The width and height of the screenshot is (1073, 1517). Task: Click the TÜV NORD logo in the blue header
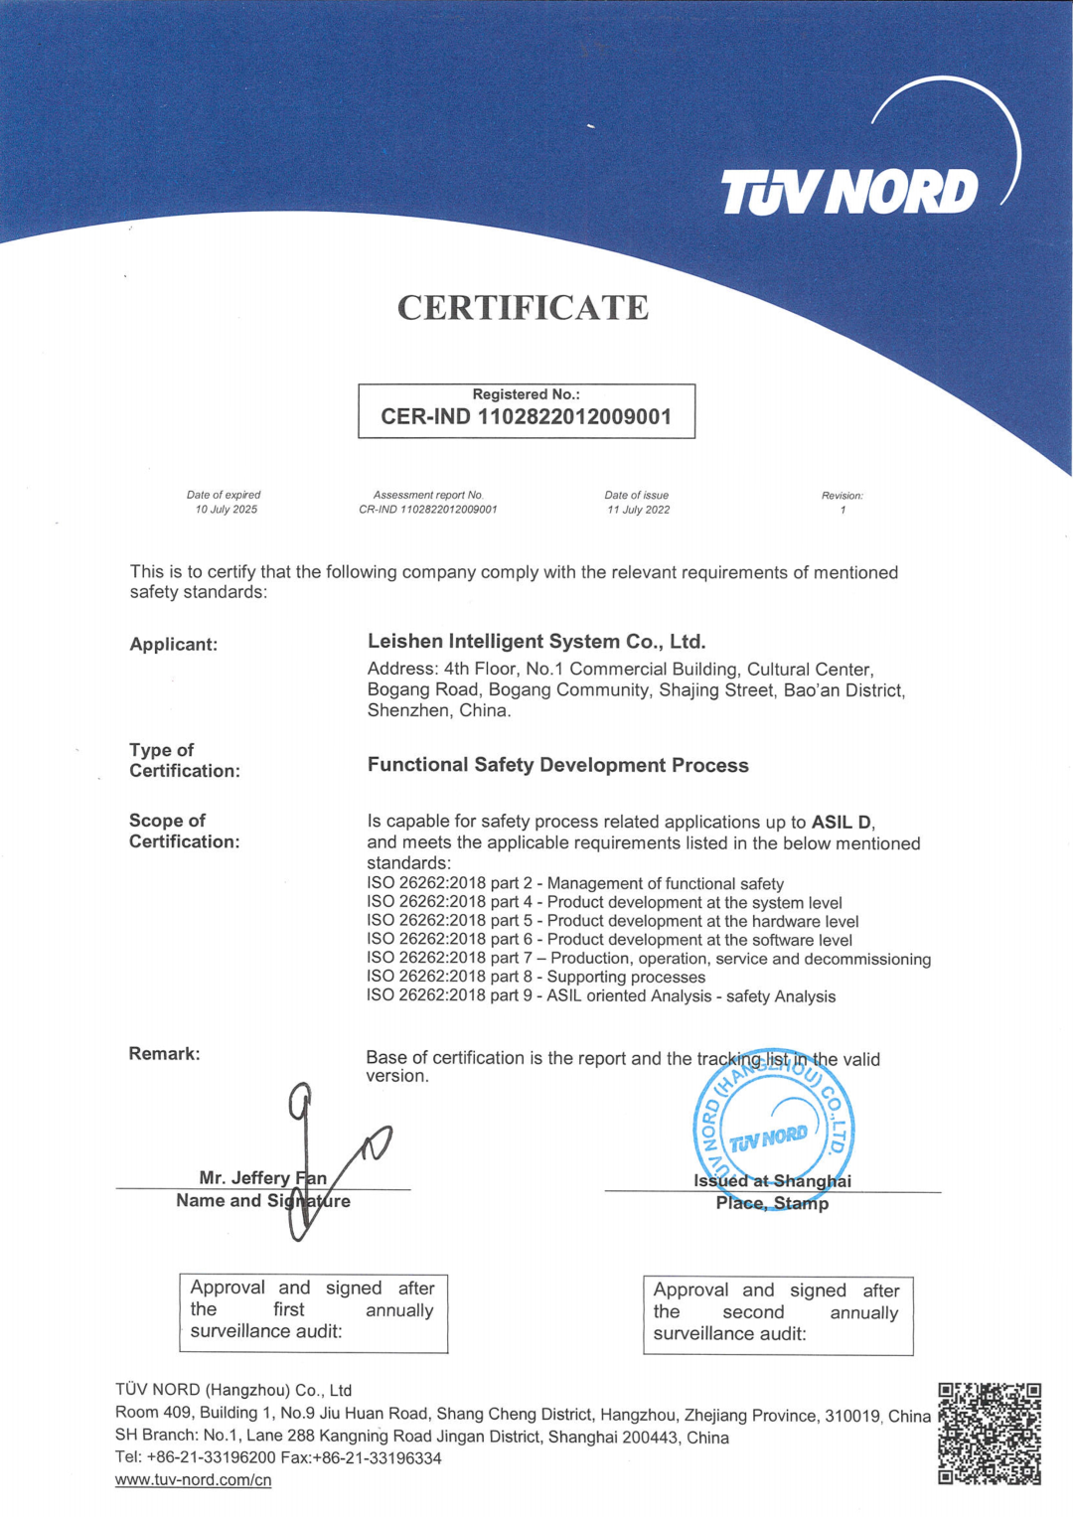coord(849,191)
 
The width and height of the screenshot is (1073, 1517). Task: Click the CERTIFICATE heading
coord(523,308)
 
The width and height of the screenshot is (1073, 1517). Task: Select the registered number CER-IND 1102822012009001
coord(526,417)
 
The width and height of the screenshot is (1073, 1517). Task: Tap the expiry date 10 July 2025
coord(226,510)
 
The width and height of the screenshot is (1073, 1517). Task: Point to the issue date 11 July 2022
coord(638,510)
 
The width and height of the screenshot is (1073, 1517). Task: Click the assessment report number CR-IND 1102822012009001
coord(428,510)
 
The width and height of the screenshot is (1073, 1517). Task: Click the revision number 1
coord(843,510)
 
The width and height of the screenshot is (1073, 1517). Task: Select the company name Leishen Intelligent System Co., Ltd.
coord(536,642)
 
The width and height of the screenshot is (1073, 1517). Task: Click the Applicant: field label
coord(174,645)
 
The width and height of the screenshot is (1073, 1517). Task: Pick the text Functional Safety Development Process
coord(557,765)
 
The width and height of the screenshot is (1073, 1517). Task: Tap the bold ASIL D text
coord(843,823)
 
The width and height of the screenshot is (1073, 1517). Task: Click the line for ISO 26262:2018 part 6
coord(609,940)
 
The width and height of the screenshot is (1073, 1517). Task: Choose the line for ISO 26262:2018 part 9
coord(601,996)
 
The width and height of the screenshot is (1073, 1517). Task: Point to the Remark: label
coord(164,1054)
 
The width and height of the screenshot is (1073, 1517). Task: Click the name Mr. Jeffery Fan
coord(262,1177)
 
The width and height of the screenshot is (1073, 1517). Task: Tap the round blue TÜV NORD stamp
coord(773,1128)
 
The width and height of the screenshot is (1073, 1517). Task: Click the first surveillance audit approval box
coord(313,1312)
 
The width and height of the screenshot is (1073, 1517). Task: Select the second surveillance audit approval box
coord(777,1314)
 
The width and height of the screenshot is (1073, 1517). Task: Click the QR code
coord(990,1434)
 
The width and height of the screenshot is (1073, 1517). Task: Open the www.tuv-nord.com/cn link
coord(194,1480)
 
